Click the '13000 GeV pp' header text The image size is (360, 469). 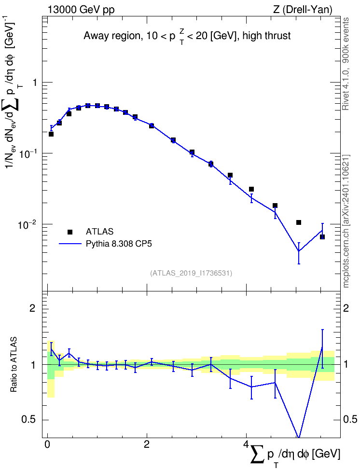(81, 10)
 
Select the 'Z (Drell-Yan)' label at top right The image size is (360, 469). (303, 10)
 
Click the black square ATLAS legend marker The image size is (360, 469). (70, 232)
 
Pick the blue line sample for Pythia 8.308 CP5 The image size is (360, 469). (70, 244)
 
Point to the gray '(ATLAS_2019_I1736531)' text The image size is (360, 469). (191, 273)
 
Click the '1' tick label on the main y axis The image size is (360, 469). (35, 82)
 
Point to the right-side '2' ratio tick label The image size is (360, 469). (346, 308)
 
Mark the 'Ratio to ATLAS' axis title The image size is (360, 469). (13, 365)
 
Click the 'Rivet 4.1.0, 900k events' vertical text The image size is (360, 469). (346, 64)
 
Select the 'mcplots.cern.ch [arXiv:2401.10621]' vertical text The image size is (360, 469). (346, 221)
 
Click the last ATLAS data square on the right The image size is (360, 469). (322, 237)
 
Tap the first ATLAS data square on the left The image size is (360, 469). (51, 134)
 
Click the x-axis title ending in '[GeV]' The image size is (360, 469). (295, 455)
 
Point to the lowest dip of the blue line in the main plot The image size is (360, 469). (299, 251)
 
